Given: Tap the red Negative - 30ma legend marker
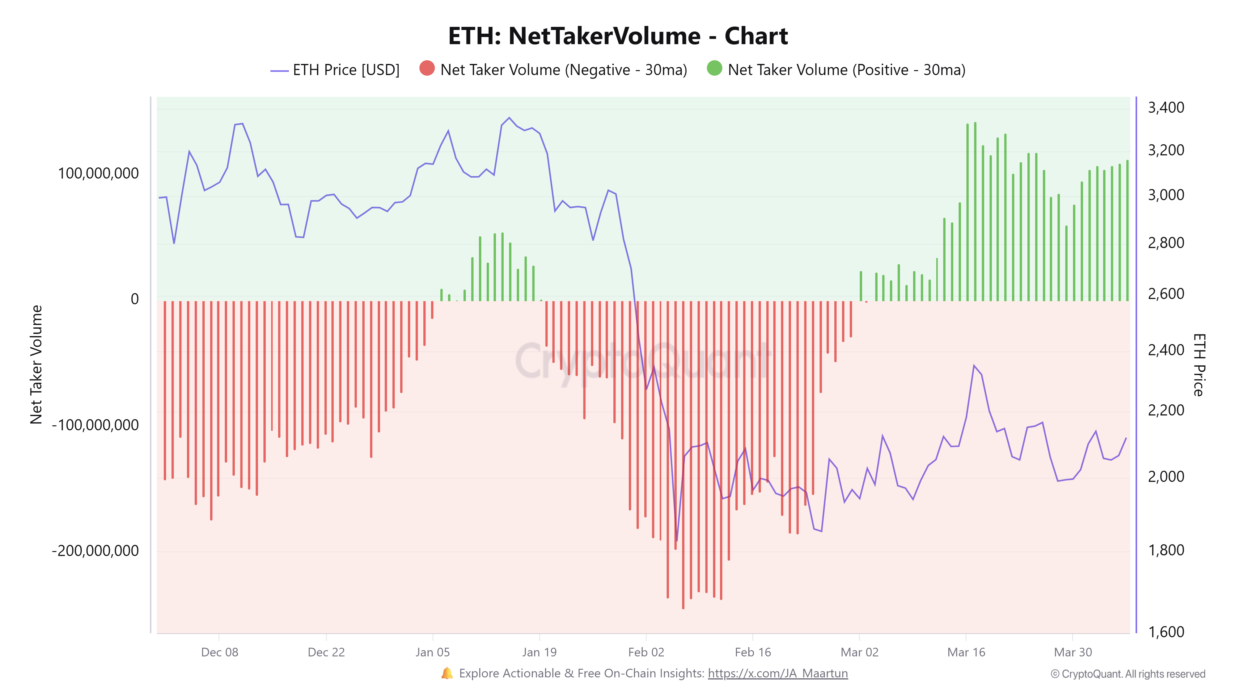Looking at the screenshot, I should (x=426, y=69).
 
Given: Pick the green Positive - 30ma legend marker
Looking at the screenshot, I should (x=714, y=69).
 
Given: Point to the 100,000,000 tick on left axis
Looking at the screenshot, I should (x=98, y=173).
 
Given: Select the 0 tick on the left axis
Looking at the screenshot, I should (x=135, y=299).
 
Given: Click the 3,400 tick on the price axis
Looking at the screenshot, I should (x=1166, y=107).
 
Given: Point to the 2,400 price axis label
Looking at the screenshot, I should (x=1166, y=350).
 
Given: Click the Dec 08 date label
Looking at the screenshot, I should (x=219, y=652).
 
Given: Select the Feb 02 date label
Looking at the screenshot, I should (x=646, y=652).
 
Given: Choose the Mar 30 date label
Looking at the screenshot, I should (x=1072, y=652).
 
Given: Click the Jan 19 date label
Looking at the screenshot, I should (x=539, y=652).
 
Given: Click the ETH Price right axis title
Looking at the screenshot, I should (x=1199, y=364).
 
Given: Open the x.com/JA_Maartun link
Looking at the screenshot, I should (x=777, y=673).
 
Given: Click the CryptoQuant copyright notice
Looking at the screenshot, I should (x=1128, y=674).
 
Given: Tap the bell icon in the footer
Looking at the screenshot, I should (x=447, y=673).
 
